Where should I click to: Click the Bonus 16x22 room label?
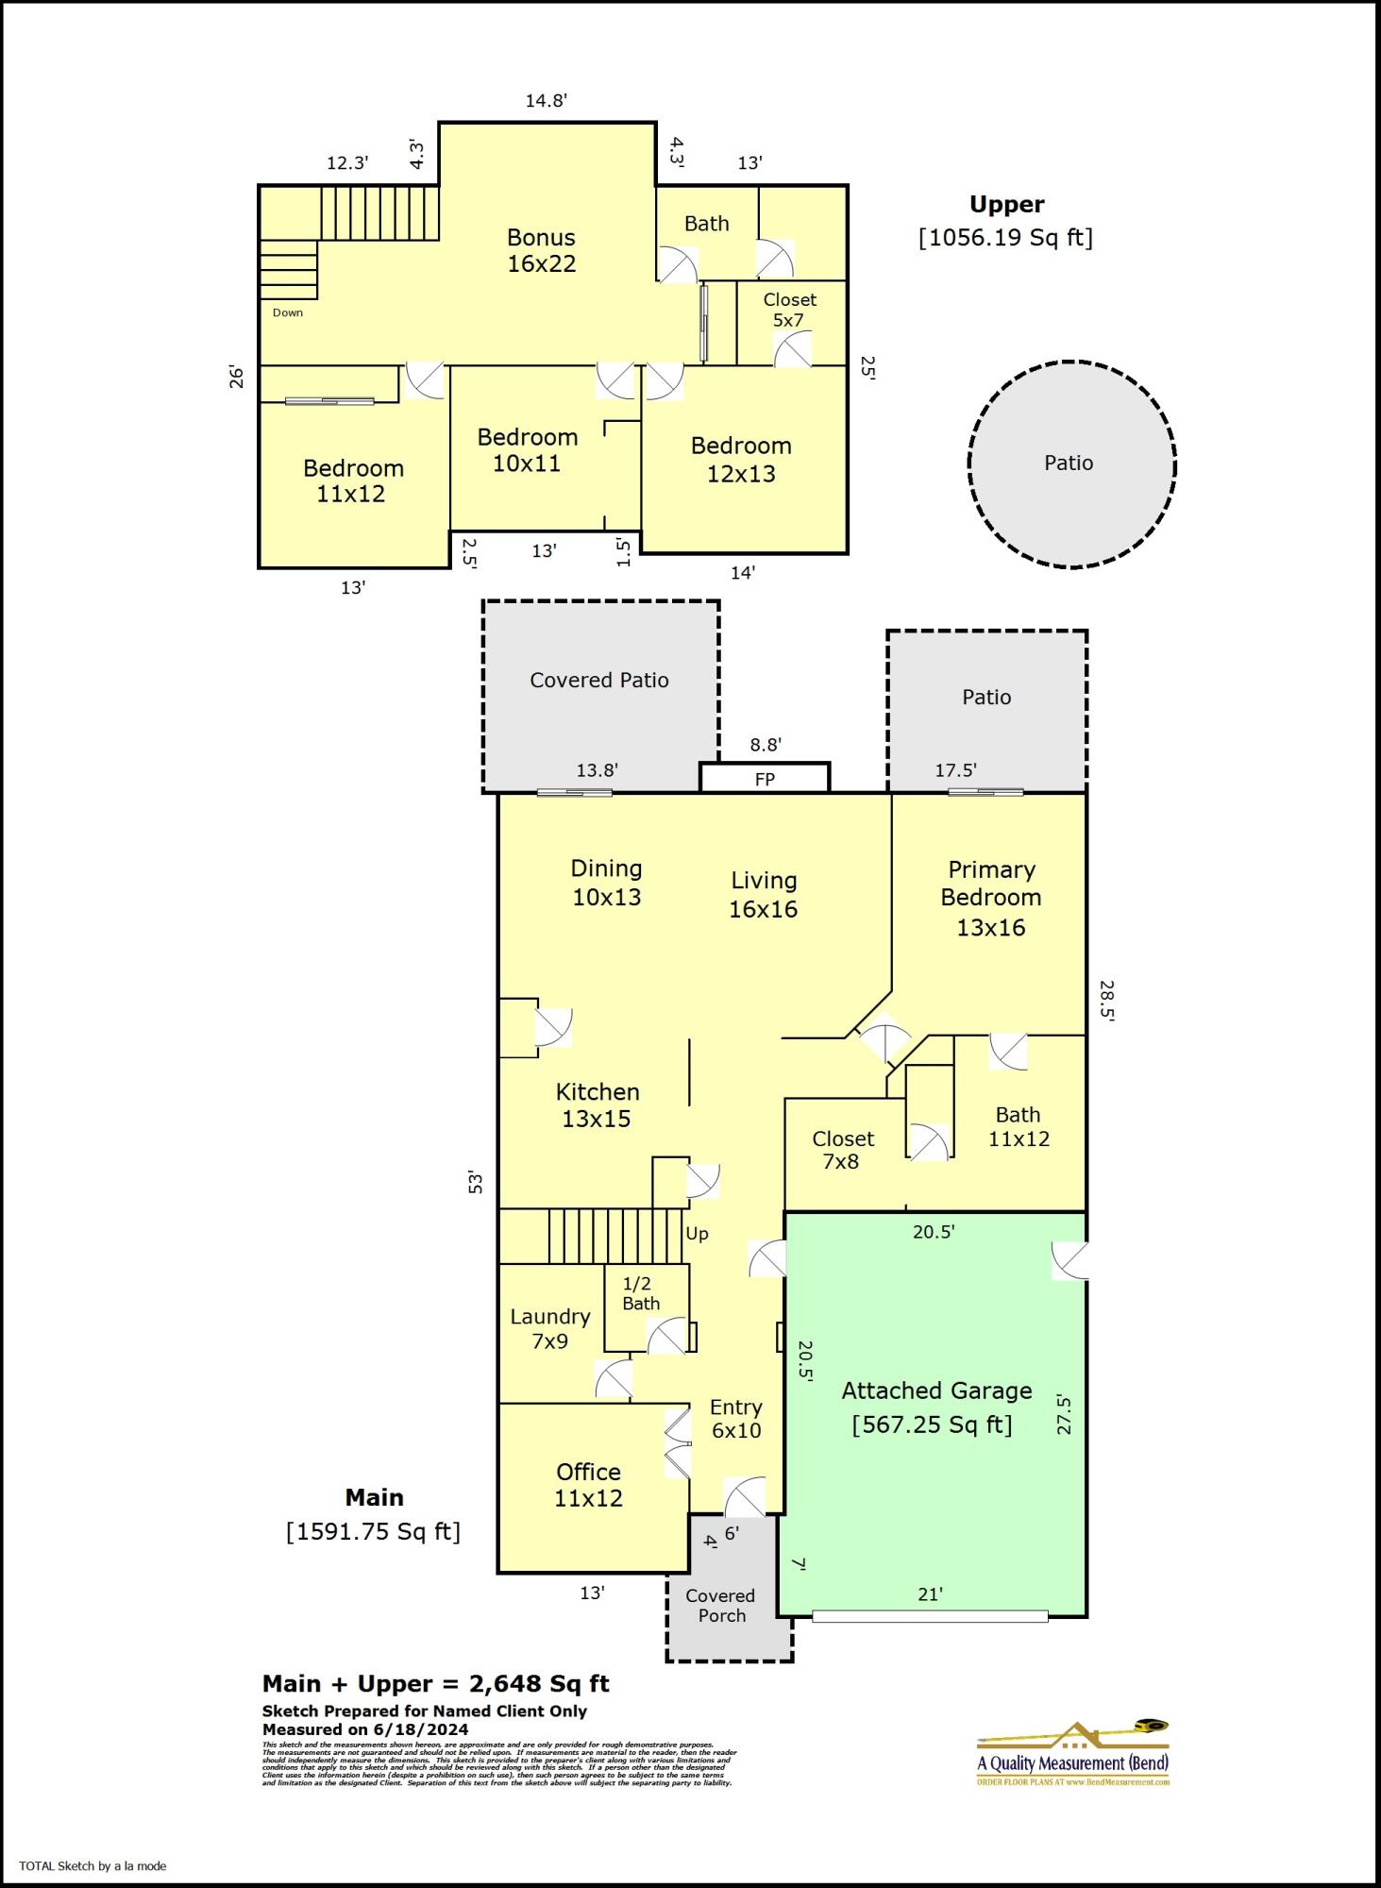541,250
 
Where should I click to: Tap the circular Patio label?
1069,463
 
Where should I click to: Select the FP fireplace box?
764,779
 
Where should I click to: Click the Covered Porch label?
720,1605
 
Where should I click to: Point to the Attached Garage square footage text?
932,1424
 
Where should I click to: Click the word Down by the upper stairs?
288,312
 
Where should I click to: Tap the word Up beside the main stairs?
697,1234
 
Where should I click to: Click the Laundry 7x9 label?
549,1328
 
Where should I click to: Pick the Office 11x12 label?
588,1485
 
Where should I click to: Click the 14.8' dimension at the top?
546,101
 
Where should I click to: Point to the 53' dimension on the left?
477,1183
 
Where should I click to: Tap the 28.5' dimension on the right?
1107,1002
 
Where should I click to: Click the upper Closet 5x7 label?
789,310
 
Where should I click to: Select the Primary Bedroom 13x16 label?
990,898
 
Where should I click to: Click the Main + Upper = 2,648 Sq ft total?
435,1683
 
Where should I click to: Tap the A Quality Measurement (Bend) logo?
1072,1754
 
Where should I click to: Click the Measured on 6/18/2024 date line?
364,1729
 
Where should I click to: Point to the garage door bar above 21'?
930,1616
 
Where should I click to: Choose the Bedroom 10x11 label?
527,450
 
